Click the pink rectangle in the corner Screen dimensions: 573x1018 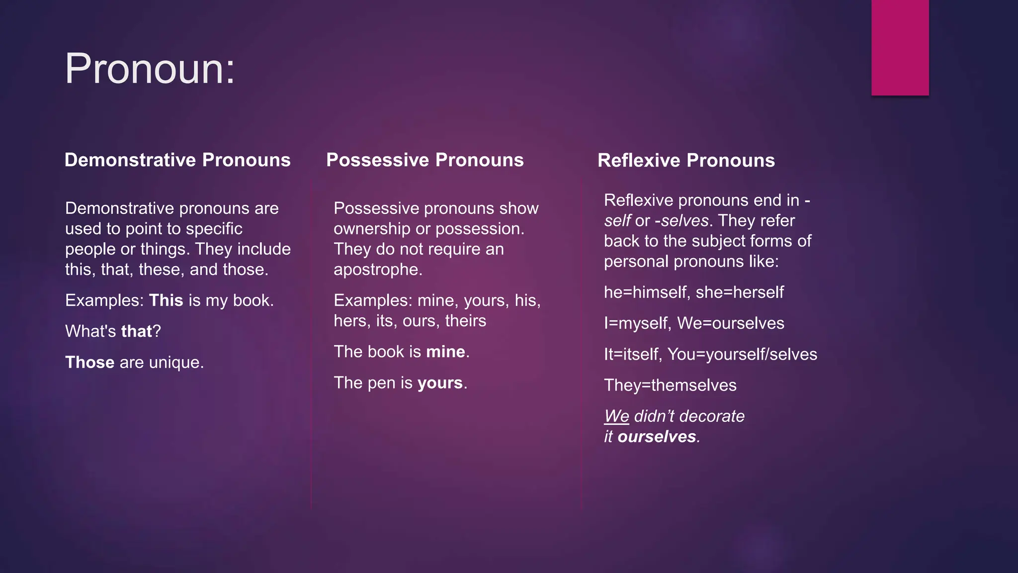(900, 47)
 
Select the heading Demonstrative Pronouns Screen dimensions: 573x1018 (177, 160)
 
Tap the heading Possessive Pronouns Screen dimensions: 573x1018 (424, 160)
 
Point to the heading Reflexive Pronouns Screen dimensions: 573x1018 (686, 160)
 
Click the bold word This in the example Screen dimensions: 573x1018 (166, 300)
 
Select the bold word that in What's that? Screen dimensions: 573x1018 (136, 331)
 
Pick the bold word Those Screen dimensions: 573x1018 (89, 362)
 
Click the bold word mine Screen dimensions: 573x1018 (445, 352)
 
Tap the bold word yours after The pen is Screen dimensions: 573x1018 (440, 382)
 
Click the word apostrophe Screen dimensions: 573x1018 (377, 270)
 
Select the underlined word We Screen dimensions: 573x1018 (616, 416)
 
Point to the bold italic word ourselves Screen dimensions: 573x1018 (657, 437)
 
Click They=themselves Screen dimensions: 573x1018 (670, 385)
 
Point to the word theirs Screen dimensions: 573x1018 (465, 321)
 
